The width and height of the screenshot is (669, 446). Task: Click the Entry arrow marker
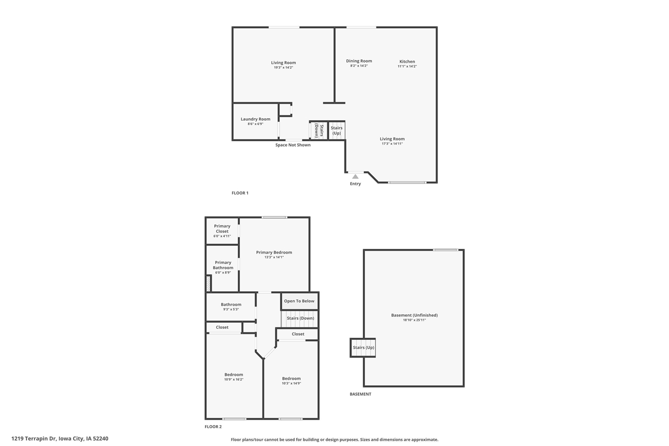point(355,177)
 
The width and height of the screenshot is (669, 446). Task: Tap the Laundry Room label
point(256,119)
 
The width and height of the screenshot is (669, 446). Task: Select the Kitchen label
point(407,62)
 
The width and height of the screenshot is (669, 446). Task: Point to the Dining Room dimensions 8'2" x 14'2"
point(359,66)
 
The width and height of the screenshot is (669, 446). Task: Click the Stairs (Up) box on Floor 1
point(337,130)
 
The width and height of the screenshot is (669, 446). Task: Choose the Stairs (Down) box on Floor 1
point(319,130)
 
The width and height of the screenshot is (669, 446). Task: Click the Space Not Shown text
point(293,145)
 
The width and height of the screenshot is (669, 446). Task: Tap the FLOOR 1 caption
point(240,193)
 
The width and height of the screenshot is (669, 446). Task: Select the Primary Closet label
point(222,228)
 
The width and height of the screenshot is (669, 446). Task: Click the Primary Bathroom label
point(223,265)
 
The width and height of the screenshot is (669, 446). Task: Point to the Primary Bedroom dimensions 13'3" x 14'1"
point(274,257)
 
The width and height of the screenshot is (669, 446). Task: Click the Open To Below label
point(299,301)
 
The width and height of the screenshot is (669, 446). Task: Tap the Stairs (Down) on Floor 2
point(300,318)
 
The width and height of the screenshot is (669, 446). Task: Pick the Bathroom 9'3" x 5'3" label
point(231,306)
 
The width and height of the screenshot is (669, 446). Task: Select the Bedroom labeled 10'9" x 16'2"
point(234,376)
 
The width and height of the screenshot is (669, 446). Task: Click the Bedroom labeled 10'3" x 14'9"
point(291,381)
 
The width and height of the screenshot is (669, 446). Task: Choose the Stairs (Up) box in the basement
point(363,348)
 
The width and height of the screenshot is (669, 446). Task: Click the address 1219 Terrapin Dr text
point(60,439)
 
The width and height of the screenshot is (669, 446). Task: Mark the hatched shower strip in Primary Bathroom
point(209,283)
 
